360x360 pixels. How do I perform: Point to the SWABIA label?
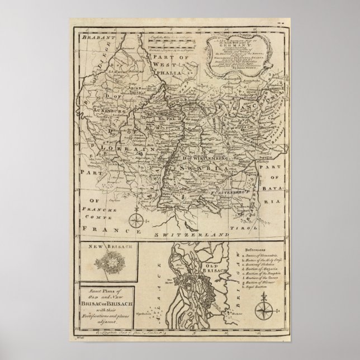pyautogui.click(x=200, y=165)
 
